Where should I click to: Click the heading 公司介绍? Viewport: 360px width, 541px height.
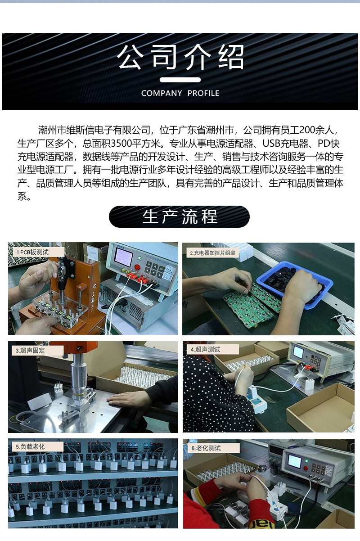[180, 57]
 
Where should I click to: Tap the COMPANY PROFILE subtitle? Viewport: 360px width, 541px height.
[180, 93]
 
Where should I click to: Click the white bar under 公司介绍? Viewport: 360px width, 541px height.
[180, 80]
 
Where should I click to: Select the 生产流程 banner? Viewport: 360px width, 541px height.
[179, 216]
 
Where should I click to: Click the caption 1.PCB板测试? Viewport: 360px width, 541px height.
[32, 252]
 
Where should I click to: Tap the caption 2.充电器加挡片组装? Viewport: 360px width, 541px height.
[211, 253]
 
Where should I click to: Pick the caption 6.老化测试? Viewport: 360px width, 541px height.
[206, 448]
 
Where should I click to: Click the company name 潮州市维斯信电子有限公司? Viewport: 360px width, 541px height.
[94, 131]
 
